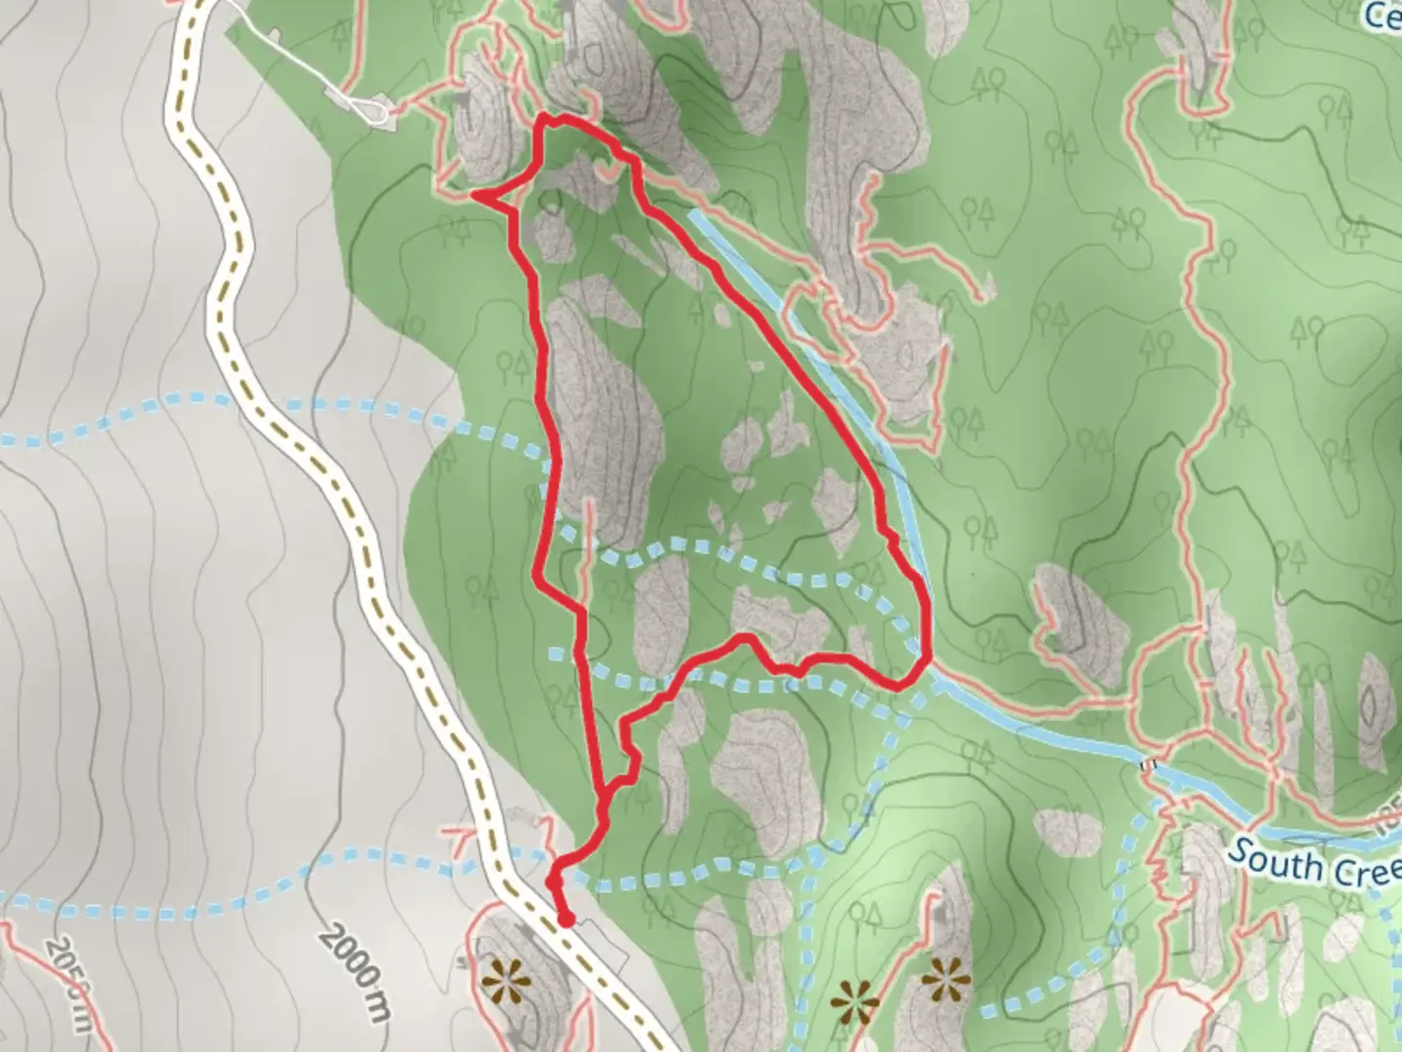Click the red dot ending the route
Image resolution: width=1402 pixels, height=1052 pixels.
(x=565, y=919)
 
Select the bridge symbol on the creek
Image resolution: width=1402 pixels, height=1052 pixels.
(x=1150, y=766)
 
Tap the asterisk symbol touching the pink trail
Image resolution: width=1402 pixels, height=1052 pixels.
(x=853, y=999)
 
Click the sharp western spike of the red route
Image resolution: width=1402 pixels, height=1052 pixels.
(x=474, y=195)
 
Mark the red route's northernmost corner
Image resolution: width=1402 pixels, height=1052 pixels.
(x=545, y=119)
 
